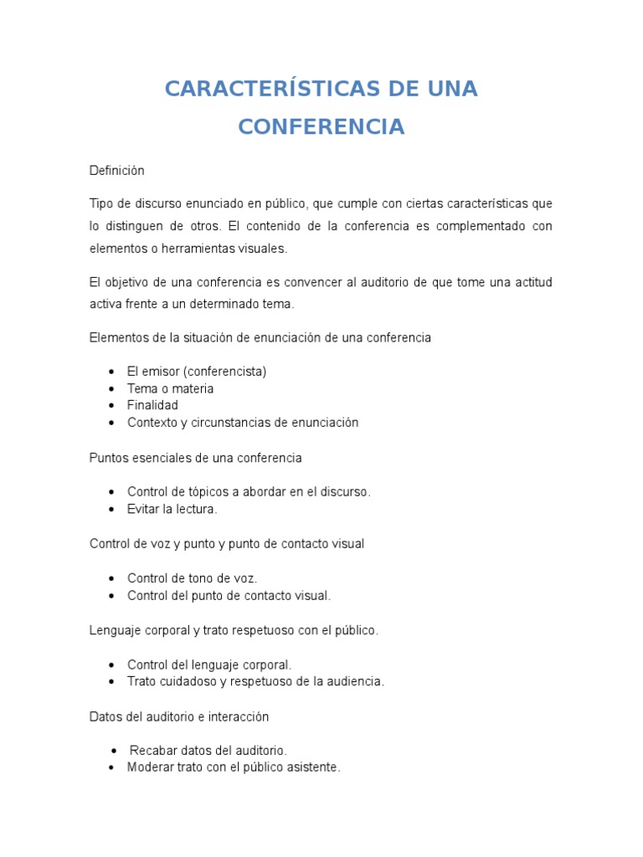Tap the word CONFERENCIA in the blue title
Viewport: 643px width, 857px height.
tap(321, 126)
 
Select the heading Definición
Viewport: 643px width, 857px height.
tap(117, 171)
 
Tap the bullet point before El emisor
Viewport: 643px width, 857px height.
tap(111, 372)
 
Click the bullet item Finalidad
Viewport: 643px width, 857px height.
tap(152, 406)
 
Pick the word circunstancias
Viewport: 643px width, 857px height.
tap(235, 423)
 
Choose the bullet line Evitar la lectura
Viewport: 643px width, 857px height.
tap(172, 509)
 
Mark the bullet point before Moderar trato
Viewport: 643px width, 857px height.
tap(111, 767)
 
